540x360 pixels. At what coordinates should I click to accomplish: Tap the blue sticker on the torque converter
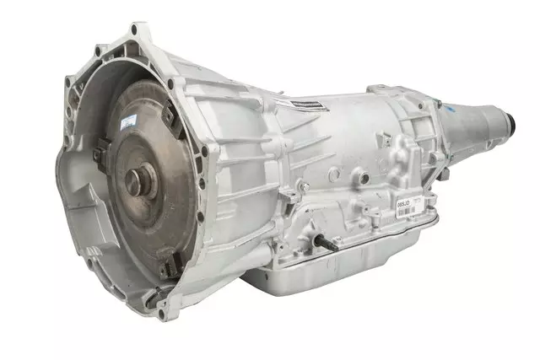click(x=127, y=123)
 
